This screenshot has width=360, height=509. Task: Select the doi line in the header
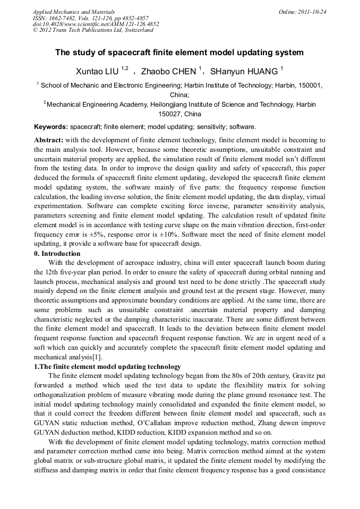96,24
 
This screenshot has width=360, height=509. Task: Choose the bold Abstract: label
48,140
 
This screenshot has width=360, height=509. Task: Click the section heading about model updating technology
107,367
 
